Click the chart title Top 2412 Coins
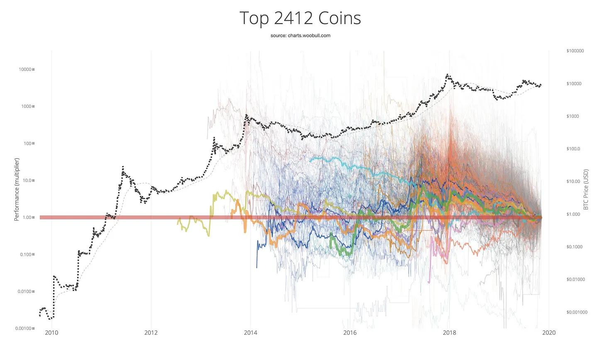click(x=300, y=18)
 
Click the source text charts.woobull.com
click(x=300, y=36)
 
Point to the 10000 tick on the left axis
click(x=25, y=70)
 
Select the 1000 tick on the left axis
click(x=26, y=107)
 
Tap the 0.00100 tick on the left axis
click(x=24, y=328)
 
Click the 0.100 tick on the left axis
click(x=26, y=254)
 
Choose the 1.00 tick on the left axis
click(x=27, y=217)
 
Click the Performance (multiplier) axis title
click(x=17, y=189)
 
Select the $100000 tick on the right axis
click(x=575, y=51)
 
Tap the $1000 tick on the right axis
click(x=572, y=117)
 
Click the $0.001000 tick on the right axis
click(x=577, y=312)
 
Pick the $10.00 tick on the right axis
click(x=573, y=182)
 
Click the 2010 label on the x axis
click(x=51, y=333)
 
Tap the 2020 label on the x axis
click(x=549, y=333)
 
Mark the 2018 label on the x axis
click(x=449, y=333)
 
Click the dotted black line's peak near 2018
click(x=447, y=75)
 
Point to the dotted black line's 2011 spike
click(x=123, y=167)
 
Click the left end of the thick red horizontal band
click(x=41, y=217)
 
